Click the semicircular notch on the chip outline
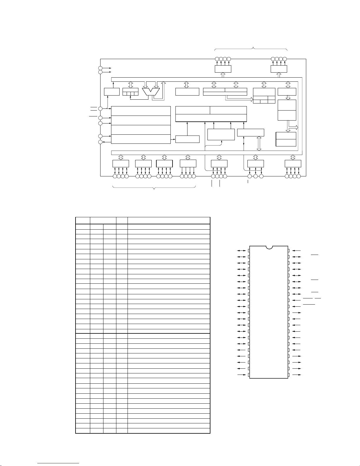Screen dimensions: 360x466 (x=269, y=247)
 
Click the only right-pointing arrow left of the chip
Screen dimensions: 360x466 (x=242, y=375)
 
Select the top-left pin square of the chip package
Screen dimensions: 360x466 (x=249, y=250)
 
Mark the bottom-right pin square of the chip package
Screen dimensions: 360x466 (x=289, y=375)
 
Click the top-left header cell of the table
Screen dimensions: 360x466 (x=83, y=221)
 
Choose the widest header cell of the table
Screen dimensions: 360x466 (x=169, y=221)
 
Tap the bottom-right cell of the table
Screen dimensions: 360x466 (x=169, y=431)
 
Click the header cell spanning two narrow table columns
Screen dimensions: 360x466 (x=103, y=221)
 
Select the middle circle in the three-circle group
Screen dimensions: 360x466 (x=255, y=176)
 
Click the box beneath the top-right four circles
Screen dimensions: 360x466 (x=279, y=69)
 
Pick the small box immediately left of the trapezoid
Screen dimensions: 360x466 (x=130, y=92)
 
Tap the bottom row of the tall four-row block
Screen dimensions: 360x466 (x=141, y=139)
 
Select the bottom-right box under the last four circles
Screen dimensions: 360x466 (x=293, y=164)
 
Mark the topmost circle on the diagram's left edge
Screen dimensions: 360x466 (x=100, y=68)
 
